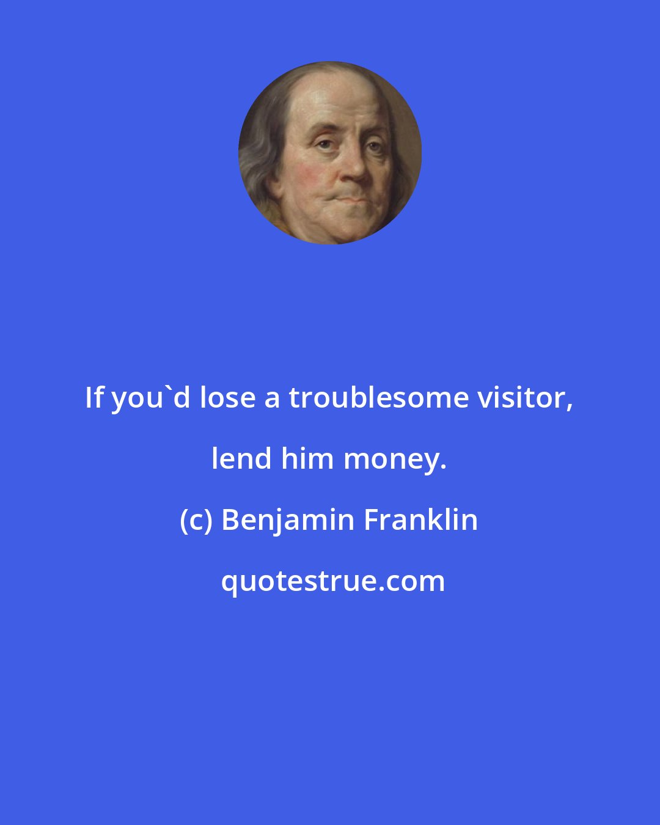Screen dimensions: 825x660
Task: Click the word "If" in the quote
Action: pyautogui.click(x=94, y=398)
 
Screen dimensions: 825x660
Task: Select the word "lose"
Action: pyautogui.click(x=227, y=398)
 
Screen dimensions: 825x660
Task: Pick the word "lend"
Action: pyautogui.click(x=242, y=459)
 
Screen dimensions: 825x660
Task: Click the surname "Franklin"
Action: pyautogui.click(x=421, y=520)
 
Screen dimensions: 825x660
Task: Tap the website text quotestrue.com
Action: pyautogui.click(x=332, y=582)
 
